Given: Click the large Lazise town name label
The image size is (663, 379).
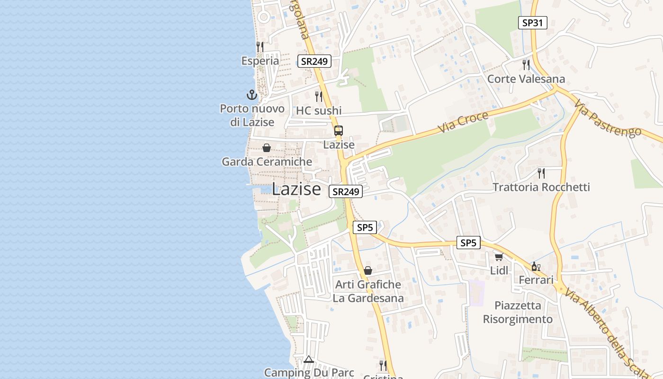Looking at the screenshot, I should [x=296, y=189].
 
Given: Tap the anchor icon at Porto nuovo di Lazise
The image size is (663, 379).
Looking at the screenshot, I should [x=252, y=95].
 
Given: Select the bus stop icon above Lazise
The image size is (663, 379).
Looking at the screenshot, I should [x=339, y=131].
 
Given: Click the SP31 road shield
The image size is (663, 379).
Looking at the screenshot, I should [x=532, y=22].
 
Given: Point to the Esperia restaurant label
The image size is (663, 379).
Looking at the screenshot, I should [x=260, y=61].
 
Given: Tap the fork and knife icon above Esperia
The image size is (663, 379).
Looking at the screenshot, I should [x=260, y=46].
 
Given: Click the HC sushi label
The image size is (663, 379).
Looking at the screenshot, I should [x=319, y=110].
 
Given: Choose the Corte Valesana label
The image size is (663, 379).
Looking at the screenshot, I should [x=526, y=79].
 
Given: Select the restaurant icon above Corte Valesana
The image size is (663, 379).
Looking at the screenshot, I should [x=526, y=64].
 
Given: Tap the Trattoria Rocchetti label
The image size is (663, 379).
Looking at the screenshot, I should [x=541, y=187].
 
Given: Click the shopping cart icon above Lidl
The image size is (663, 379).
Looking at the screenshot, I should [x=499, y=257].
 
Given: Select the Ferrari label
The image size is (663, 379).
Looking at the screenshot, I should [x=536, y=280].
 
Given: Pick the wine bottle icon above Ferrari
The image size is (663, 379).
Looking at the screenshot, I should [x=536, y=266].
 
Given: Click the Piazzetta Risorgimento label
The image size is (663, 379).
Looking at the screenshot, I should [x=518, y=312].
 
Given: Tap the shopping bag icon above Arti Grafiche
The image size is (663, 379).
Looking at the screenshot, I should [x=368, y=271].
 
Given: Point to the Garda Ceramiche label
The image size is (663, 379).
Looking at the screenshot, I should [x=267, y=162].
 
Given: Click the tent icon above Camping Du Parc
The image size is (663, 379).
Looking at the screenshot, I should [x=309, y=359].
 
